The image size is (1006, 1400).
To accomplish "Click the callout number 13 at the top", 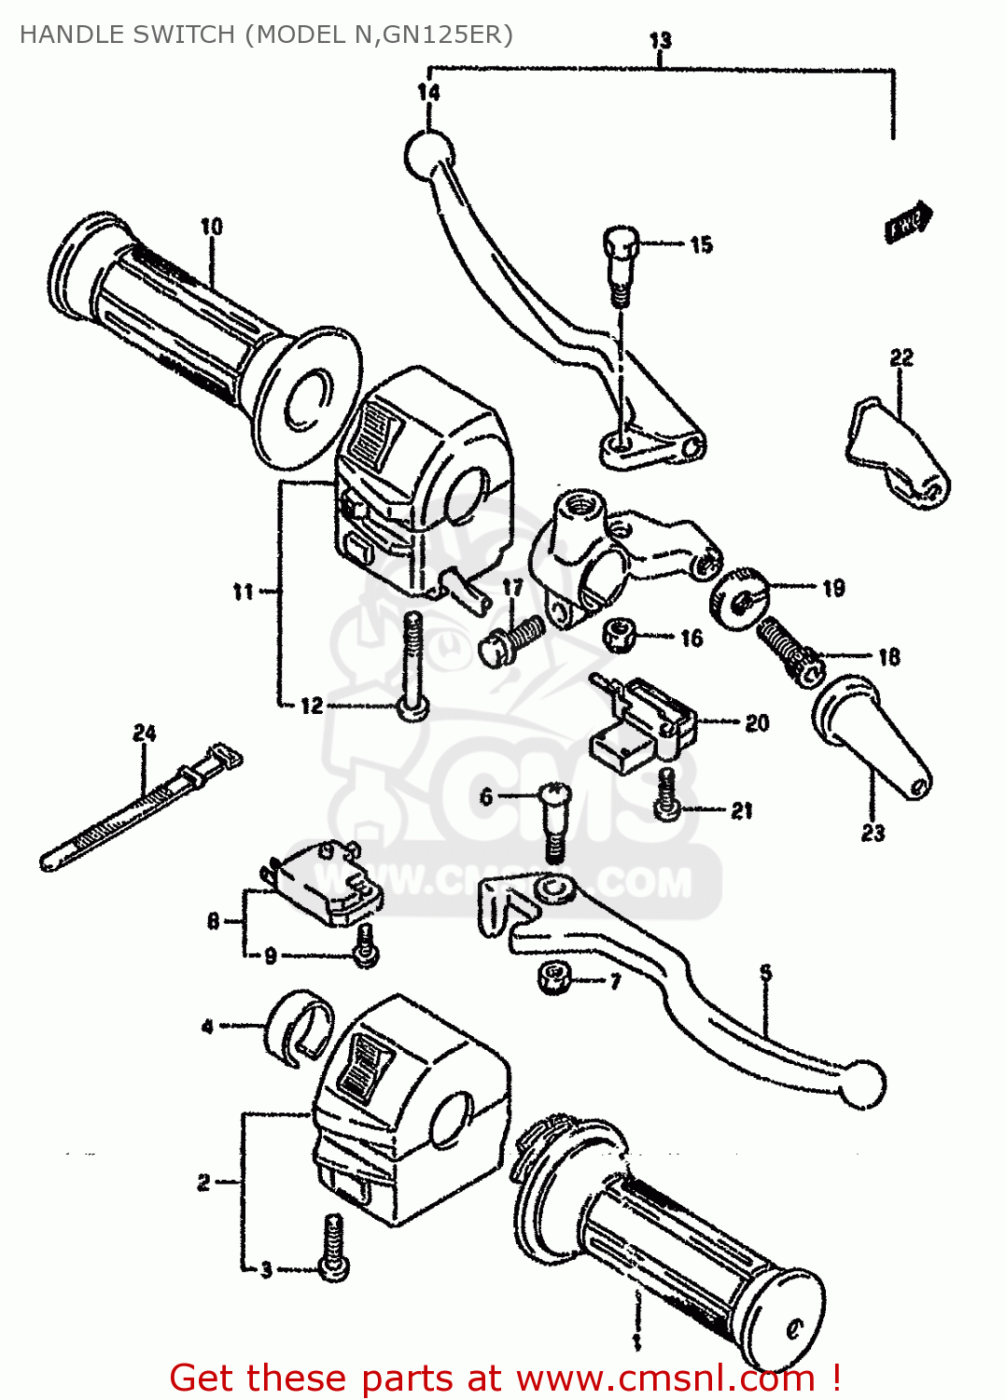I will click(660, 40).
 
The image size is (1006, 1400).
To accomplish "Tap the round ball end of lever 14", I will click(428, 155).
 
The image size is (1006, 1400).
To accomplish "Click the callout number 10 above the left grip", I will click(212, 227).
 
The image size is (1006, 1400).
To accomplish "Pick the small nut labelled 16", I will click(618, 636).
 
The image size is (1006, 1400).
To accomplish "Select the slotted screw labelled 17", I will click(510, 640).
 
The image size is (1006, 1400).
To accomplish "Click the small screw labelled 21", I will click(666, 795).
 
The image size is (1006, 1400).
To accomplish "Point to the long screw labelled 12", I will click(412, 667).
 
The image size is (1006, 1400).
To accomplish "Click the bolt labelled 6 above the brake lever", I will click(554, 820).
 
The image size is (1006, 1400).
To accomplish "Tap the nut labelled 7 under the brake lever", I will click(555, 978).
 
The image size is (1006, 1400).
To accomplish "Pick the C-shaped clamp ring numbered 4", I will click(299, 1027).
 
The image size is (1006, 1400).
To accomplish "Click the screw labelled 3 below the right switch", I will click(333, 1247).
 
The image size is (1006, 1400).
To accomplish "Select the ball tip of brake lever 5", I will click(861, 1085).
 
